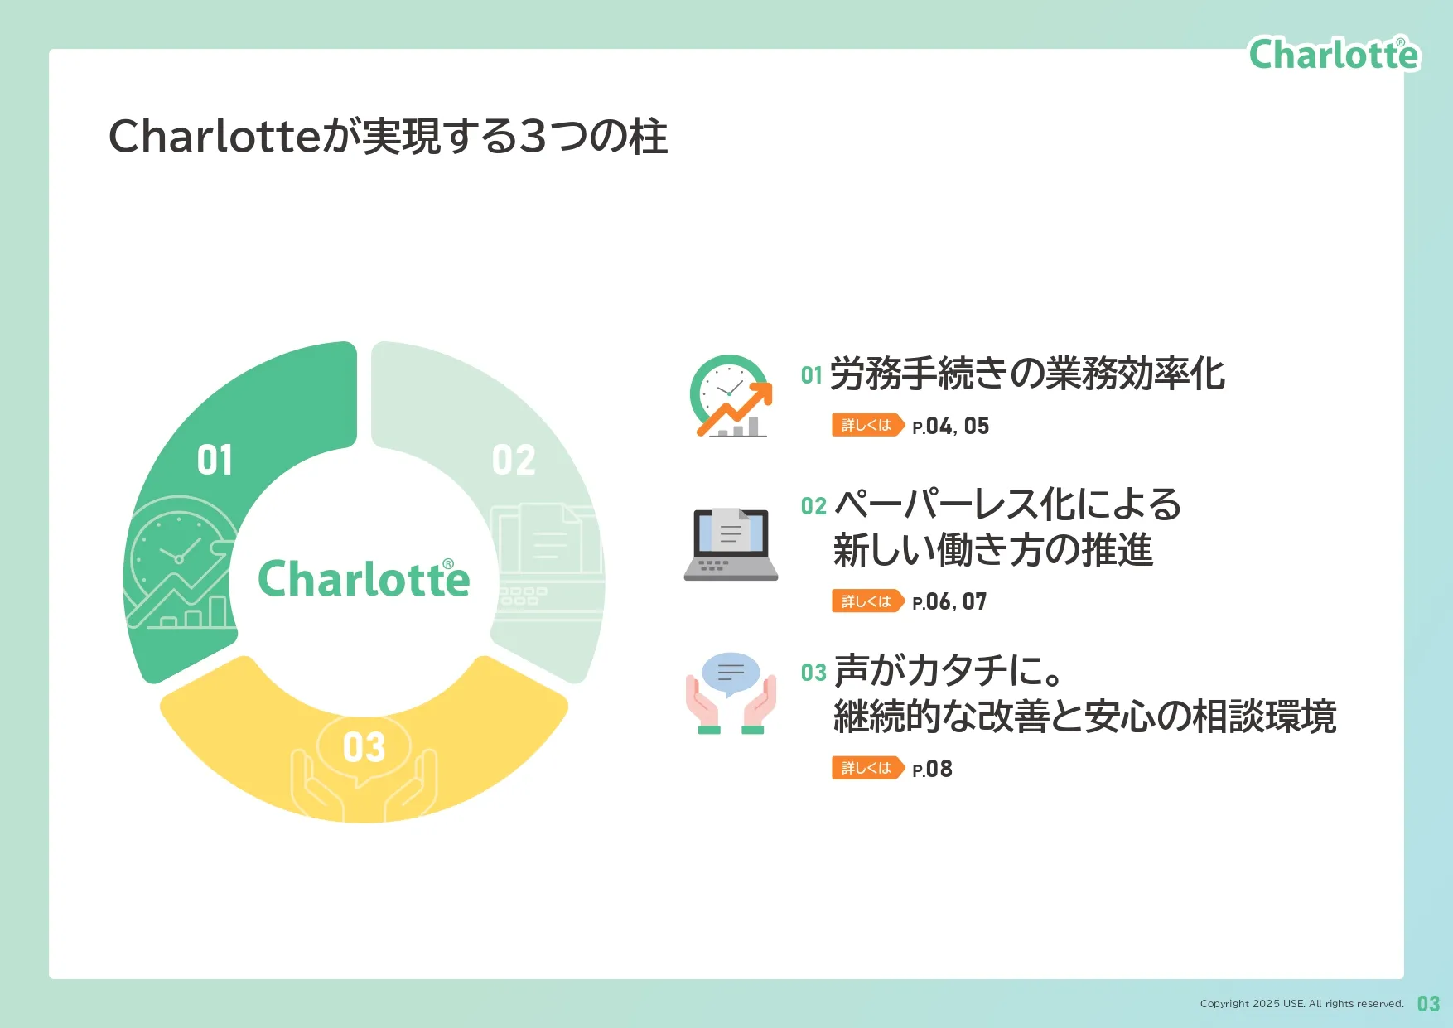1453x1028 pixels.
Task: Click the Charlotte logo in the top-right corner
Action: point(1334,54)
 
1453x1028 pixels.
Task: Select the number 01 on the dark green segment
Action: point(215,460)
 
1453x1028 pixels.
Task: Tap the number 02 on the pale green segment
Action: point(514,460)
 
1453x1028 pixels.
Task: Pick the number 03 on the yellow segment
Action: point(364,747)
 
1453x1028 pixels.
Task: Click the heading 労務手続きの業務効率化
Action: point(1027,374)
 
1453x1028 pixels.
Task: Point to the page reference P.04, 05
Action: point(950,426)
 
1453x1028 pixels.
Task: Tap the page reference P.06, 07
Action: point(949,601)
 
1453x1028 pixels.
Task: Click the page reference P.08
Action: point(932,769)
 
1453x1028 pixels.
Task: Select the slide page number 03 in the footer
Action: point(1428,1004)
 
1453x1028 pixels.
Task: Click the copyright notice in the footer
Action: point(1302,1004)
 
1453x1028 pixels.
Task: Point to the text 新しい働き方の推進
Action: point(993,550)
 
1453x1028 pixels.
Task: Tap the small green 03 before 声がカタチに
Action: point(813,673)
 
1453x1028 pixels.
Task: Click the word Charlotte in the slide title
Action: point(215,136)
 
